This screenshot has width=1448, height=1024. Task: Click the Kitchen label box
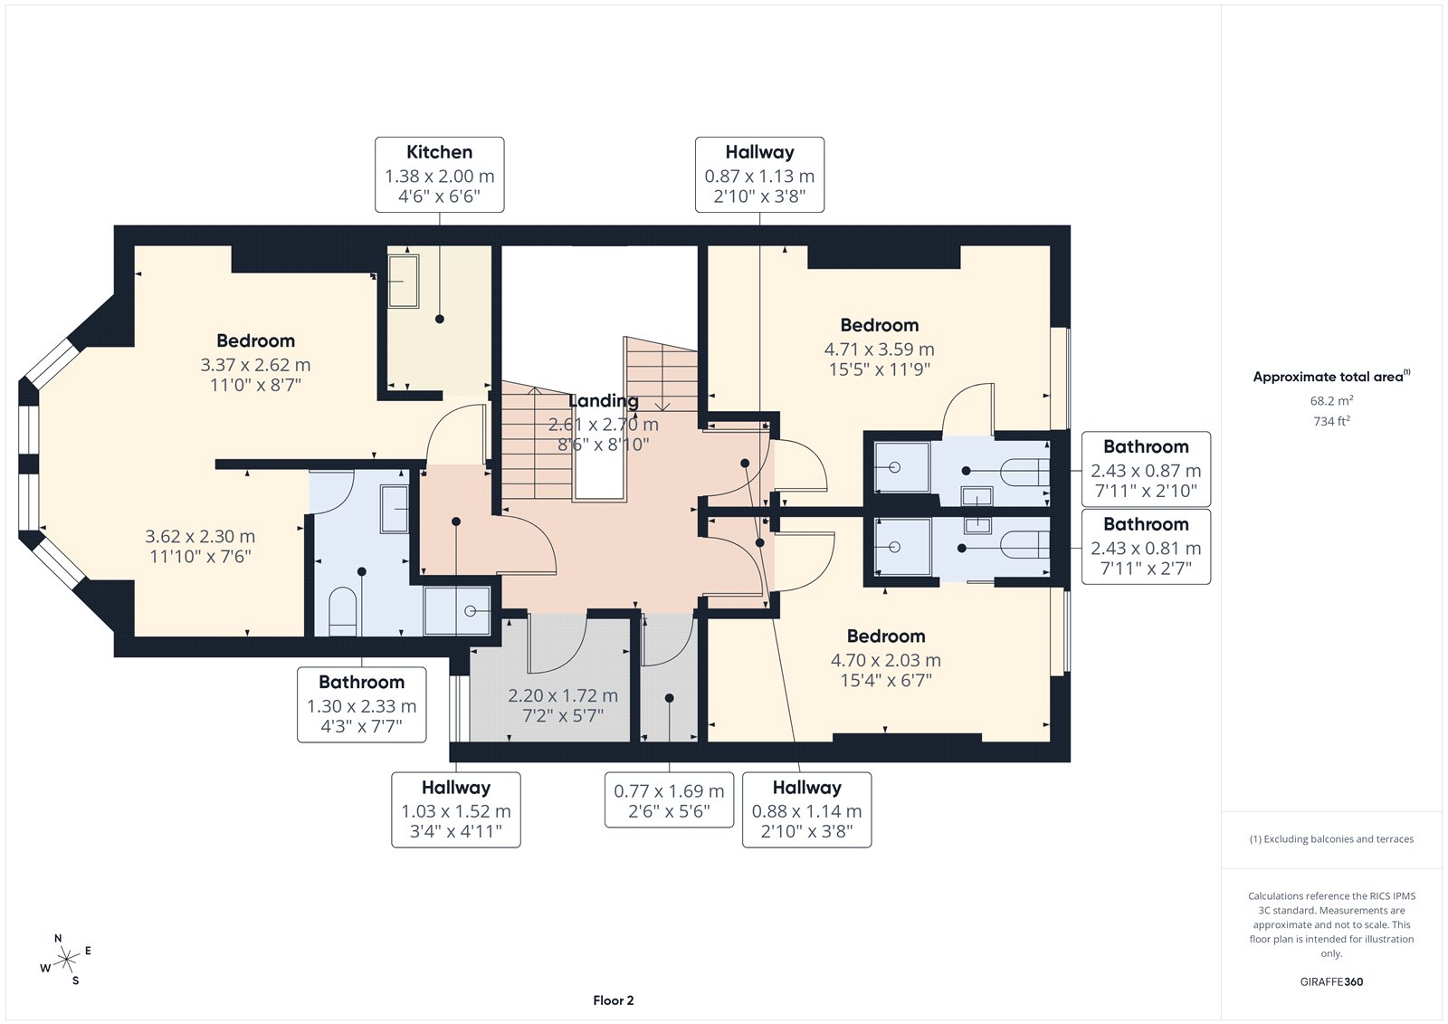(x=440, y=175)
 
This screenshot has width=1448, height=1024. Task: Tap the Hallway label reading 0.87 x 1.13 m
(x=759, y=175)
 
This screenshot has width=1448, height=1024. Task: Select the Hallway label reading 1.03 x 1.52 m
(x=456, y=810)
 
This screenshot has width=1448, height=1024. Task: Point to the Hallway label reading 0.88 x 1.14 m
(x=806, y=810)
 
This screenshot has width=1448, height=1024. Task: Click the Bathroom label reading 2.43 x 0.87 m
(x=1146, y=469)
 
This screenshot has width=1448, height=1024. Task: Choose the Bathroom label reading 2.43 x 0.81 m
(x=1146, y=547)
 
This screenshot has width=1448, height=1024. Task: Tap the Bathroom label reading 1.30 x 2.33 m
(x=361, y=704)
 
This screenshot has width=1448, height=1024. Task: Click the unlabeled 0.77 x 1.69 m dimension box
(x=669, y=799)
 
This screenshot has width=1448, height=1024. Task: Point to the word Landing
(x=603, y=400)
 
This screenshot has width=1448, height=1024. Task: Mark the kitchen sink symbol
(x=404, y=281)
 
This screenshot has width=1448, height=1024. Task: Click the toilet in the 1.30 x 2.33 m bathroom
(x=343, y=612)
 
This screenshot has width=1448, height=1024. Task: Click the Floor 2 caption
(x=614, y=1000)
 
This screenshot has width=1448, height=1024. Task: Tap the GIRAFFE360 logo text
(x=1331, y=981)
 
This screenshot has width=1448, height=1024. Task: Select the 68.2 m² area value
(x=1331, y=400)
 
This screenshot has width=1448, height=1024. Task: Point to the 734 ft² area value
(x=1331, y=421)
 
